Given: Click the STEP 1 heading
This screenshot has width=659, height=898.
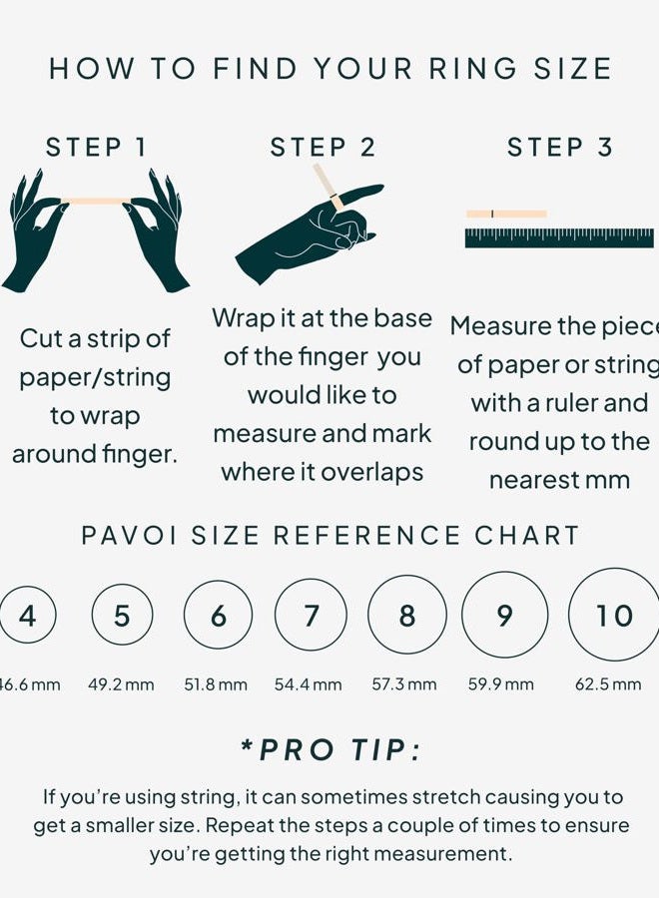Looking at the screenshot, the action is [x=96, y=148].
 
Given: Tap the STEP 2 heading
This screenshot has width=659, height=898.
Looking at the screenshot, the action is [x=323, y=148].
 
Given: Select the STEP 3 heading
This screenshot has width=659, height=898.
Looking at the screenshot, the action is [x=560, y=148].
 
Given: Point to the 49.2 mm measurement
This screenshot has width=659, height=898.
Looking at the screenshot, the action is [x=121, y=684].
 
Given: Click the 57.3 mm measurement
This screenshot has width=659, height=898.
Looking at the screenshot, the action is [x=404, y=684].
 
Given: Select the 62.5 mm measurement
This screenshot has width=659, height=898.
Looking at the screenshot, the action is [x=608, y=684].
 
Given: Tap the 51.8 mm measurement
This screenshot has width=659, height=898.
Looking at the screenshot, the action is [x=216, y=684].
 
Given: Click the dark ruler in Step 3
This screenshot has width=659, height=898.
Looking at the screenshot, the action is [x=559, y=238].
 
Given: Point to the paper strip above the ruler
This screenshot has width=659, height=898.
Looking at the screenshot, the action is [x=506, y=215].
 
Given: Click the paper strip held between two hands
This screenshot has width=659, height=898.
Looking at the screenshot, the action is [x=96, y=201].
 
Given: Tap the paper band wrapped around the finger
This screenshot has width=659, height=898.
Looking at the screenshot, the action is [x=335, y=201].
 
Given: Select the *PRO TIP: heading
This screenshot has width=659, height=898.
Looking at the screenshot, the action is [x=331, y=749].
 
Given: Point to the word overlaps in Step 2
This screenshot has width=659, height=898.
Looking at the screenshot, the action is [x=371, y=473].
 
